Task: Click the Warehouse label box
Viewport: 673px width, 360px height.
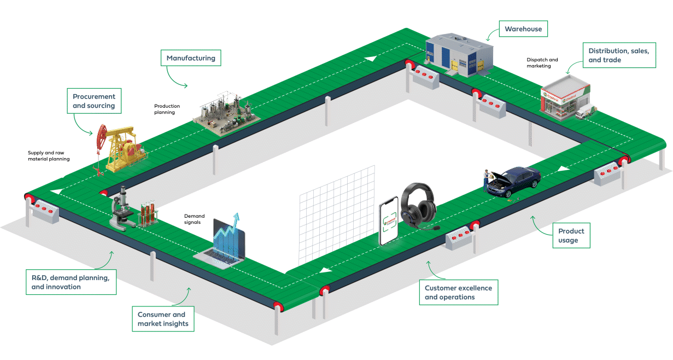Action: click(x=523, y=29)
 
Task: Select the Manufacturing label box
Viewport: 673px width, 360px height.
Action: click(x=191, y=58)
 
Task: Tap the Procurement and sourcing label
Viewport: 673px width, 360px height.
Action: click(x=94, y=101)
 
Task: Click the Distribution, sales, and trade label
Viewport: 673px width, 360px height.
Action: click(x=619, y=55)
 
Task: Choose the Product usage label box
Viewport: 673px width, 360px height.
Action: click(x=571, y=236)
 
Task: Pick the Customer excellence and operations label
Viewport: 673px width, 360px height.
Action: click(x=459, y=292)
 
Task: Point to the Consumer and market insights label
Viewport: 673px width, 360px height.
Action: click(x=163, y=319)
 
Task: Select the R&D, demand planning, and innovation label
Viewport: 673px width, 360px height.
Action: click(x=71, y=282)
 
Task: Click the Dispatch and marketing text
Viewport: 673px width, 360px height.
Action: click(x=542, y=63)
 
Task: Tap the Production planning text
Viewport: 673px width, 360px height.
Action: click(x=167, y=109)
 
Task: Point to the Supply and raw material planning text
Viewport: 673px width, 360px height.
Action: click(x=49, y=156)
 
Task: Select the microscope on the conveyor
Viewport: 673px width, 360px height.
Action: click(x=124, y=210)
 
